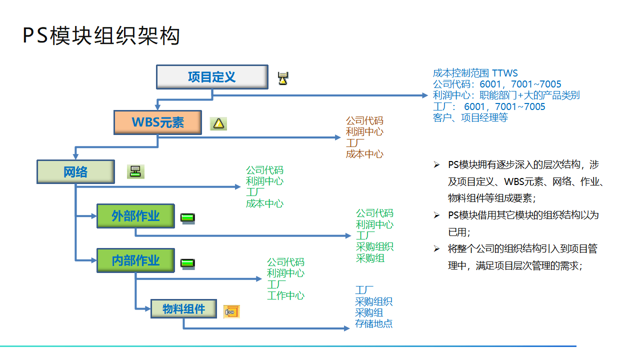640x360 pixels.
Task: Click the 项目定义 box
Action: pos(212,77)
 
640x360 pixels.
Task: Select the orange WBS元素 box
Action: pos(157,122)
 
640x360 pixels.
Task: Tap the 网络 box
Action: pos(75,172)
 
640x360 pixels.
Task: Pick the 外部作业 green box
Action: pos(135,216)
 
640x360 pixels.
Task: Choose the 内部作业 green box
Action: pos(135,260)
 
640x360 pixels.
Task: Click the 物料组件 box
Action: pos(184,309)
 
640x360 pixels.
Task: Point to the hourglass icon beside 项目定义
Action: pos(283,78)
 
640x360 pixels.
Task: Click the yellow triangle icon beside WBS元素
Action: pos(218,123)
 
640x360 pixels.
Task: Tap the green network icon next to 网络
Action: pos(134,172)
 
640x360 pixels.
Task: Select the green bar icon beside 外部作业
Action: pos(187,218)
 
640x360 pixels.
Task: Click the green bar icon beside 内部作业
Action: pos(187,263)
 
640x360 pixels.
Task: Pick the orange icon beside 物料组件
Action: pos(231,311)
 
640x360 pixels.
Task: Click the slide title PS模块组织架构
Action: pos(101,36)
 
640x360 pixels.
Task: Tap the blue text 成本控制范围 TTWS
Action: pos(475,73)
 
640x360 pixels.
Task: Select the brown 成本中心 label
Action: pos(364,154)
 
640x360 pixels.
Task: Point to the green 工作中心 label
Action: pos(285,295)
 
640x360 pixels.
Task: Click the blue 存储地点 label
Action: pos(374,323)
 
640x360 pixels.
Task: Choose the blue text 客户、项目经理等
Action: pos(470,117)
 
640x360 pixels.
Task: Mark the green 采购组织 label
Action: pos(374,247)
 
